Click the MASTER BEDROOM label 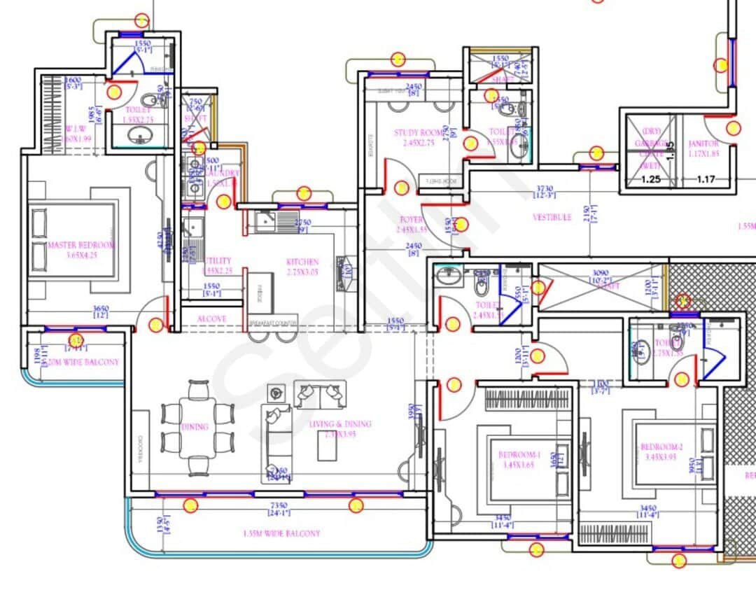(81, 246)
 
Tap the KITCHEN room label (302, 262)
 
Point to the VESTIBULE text (552, 218)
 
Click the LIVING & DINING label (340, 424)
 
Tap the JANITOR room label (702, 143)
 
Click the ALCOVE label (211, 318)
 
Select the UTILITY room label (216, 260)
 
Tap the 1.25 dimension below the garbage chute (651, 180)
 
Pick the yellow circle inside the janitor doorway (733, 128)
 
